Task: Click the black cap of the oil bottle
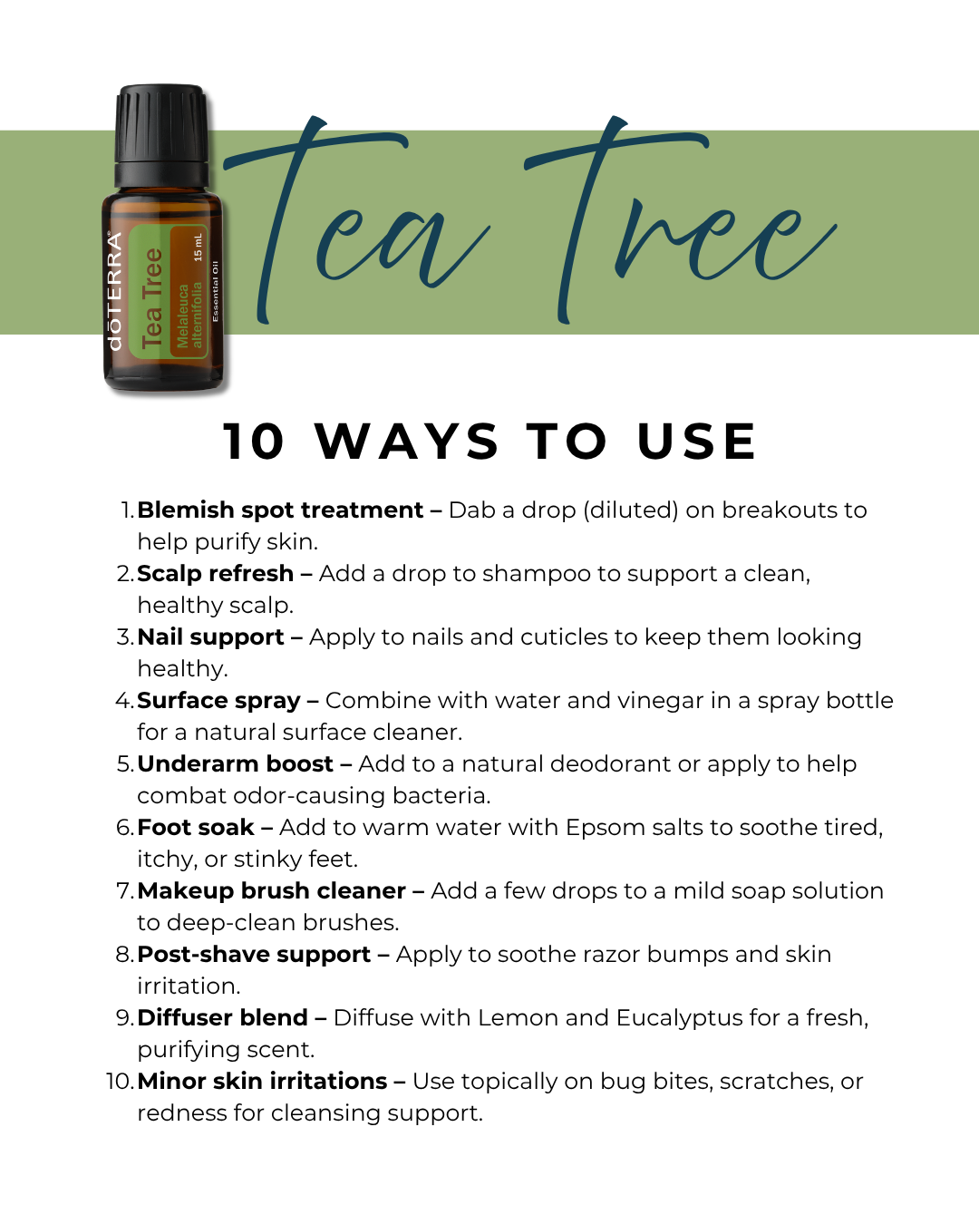[161, 136]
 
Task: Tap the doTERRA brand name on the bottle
[114, 291]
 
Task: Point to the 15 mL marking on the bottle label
[198, 248]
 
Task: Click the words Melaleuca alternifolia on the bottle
[189, 315]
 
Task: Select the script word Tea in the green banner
[356, 220]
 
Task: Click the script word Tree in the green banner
[681, 220]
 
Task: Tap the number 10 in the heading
[254, 442]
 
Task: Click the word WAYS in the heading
[407, 442]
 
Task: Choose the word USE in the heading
[696, 442]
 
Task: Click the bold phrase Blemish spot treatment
[280, 510]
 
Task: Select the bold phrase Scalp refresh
[215, 573]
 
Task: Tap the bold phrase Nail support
[210, 637]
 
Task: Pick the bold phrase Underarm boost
[235, 763]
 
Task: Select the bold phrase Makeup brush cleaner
[271, 890]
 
